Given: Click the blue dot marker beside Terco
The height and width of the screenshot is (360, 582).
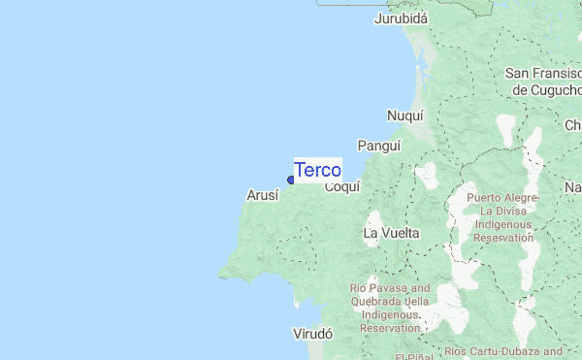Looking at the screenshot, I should (291, 180).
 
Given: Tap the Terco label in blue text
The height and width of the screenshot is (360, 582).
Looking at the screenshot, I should (317, 170).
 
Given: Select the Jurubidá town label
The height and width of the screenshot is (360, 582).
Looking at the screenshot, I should (402, 17).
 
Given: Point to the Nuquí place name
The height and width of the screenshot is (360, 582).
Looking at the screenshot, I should (405, 115).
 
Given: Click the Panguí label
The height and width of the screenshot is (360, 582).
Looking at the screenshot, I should (378, 145).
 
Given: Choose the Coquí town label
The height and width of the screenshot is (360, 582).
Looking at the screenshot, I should (342, 186).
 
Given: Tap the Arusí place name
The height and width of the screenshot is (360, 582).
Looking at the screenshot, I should (263, 195).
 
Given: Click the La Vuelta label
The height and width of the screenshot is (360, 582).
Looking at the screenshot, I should (391, 233).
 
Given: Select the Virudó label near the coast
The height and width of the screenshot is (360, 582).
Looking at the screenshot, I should (312, 333).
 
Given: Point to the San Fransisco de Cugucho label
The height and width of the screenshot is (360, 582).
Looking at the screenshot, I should (543, 82).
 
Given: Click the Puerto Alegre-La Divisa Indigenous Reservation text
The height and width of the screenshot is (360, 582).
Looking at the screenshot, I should (501, 217).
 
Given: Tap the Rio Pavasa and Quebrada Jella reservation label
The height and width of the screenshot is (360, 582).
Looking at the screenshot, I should (390, 309).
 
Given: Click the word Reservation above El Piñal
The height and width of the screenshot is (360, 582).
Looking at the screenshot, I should (390, 328).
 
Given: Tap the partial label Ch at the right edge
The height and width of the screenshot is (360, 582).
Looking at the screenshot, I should (573, 125).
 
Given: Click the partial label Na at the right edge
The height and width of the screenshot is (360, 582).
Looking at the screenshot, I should (573, 186).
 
